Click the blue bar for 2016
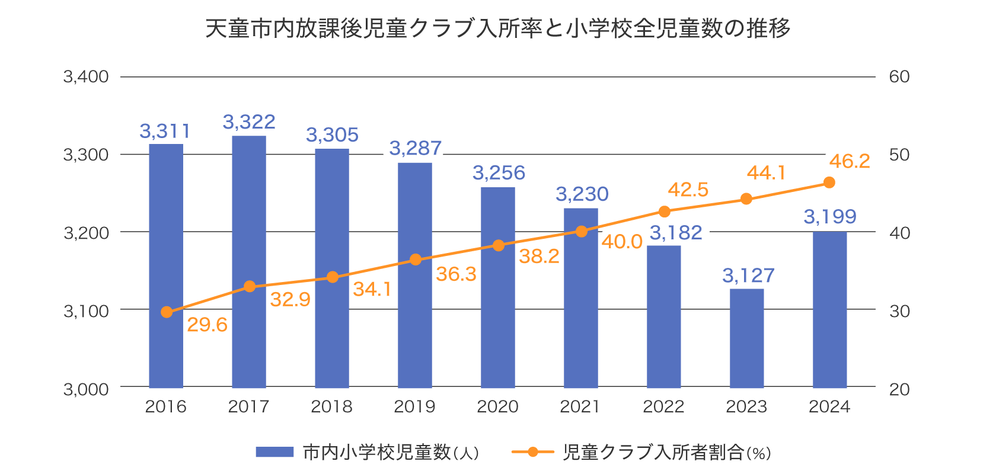click(166, 267)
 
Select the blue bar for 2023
click(747, 338)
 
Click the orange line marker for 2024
click(829, 182)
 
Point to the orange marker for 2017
click(250, 287)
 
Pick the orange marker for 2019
click(416, 260)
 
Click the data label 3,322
click(249, 122)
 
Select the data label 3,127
click(748, 276)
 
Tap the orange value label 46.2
click(850, 161)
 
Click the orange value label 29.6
click(207, 325)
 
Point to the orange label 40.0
click(622, 242)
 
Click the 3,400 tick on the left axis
click(86, 76)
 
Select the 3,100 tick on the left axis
click(86, 310)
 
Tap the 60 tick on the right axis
click(899, 76)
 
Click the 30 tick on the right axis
click(899, 310)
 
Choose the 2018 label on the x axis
click(331, 406)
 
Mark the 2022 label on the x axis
click(663, 406)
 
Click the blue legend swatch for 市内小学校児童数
click(274, 452)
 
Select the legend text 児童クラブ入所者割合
click(653, 452)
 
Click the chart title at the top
click(498, 28)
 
